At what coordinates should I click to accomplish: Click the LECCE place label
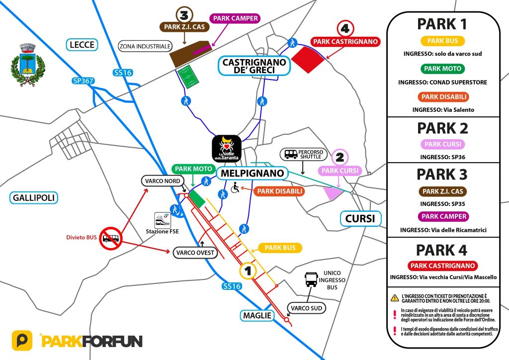83,45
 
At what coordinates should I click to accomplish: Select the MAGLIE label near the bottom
257,315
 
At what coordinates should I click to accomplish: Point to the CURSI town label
360,218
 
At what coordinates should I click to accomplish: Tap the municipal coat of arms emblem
28,63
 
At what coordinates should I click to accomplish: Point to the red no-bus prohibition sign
111,239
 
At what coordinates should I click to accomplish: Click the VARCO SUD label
307,308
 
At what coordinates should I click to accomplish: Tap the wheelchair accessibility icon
235,189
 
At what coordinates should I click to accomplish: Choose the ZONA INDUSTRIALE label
145,47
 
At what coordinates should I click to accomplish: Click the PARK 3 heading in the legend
442,175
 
